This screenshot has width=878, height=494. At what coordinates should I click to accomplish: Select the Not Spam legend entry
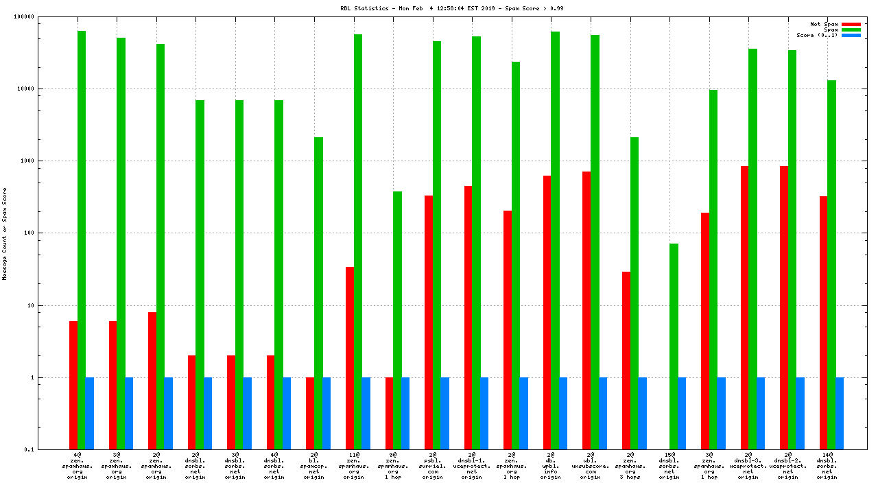(824, 24)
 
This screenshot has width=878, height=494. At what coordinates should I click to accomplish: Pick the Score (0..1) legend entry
(816, 35)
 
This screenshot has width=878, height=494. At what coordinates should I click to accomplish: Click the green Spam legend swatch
(851, 30)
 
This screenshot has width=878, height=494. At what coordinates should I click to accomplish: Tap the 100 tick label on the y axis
(48, 233)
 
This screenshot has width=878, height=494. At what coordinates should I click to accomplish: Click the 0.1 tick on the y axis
(49, 449)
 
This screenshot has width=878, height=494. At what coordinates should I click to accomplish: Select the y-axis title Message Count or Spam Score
(5, 233)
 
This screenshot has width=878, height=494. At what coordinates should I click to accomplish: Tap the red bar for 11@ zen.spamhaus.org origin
(350, 357)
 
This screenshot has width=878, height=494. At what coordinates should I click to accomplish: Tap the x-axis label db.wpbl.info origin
(551, 465)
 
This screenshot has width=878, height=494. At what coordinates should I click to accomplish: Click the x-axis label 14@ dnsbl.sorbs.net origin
(827, 465)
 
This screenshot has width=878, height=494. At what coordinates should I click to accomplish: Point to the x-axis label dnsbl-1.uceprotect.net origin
(472, 465)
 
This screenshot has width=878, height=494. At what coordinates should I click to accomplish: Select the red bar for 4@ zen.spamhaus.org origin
(73, 385)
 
